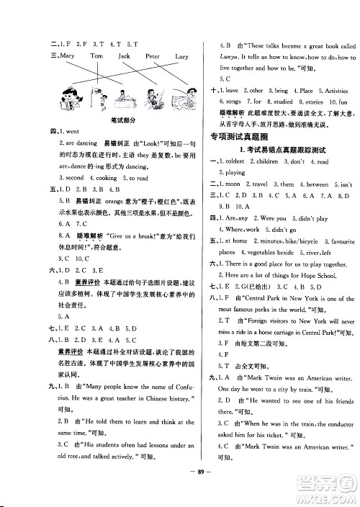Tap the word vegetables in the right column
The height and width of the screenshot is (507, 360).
263,253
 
